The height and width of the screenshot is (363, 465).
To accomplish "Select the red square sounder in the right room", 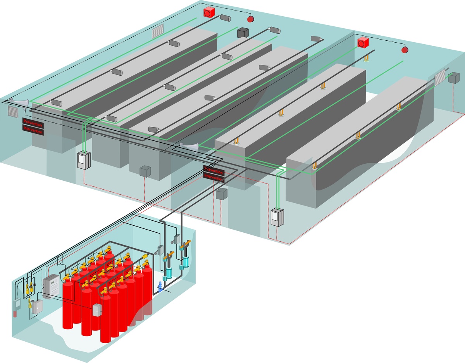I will click(x=363, y=42).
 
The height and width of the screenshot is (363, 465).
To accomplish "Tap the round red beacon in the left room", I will click(x=250, y=18).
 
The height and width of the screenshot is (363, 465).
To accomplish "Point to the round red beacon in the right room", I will click(x=405, y=49).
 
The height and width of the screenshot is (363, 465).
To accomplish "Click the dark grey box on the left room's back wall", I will click(x=242, y=33).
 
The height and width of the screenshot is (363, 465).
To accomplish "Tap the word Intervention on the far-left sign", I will click(x=33, y=132).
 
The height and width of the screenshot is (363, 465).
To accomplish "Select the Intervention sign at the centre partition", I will click(x=214, y=178).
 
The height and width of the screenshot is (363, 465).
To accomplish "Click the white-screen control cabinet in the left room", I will click(x=83, y=160).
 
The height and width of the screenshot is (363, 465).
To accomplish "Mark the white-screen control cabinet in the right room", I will click(x=277, y=218).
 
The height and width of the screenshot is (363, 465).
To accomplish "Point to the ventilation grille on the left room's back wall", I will click(x=158, y=32).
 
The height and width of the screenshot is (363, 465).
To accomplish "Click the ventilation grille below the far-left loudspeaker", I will click(x=13, y=112).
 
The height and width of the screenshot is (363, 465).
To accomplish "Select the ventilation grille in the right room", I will click(x=440, y=78).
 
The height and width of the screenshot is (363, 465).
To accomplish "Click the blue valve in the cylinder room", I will click(x=159, y=287).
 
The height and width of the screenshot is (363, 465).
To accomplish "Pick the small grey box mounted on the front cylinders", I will click(x=96, y=309).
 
